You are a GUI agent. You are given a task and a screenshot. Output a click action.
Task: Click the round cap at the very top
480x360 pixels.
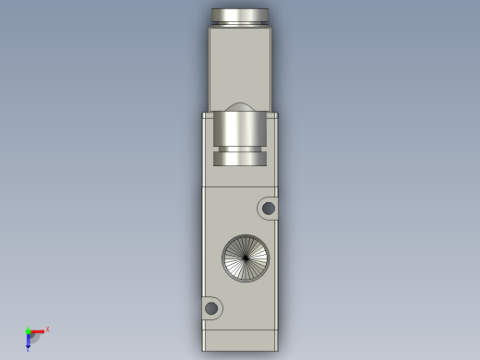click(240, 14)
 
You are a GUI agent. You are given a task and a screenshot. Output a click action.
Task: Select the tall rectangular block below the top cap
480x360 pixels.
click(240, 65)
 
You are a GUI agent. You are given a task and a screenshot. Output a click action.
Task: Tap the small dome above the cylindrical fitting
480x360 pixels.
click(240, 107)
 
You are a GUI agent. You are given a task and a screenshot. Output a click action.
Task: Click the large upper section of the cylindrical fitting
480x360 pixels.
click(240, 129)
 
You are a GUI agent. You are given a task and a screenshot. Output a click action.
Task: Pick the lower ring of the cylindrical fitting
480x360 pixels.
click(240, 159)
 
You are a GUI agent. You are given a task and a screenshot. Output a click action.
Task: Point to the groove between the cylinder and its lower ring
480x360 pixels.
click(240, 150)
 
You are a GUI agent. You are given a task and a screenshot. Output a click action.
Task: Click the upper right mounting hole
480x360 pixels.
click(269, 209)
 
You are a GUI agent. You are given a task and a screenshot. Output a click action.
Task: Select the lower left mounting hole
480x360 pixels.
click(211, 307)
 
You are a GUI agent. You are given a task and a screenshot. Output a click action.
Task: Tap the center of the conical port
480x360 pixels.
click(246, 258)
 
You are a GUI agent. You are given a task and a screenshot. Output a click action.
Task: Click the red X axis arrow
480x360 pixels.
click(38, 331)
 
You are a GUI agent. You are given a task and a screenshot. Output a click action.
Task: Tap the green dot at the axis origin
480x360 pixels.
click(29, 331)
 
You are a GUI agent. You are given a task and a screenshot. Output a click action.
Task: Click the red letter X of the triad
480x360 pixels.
click(47, 330)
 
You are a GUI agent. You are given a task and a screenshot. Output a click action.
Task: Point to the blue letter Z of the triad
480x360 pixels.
click(28, 349)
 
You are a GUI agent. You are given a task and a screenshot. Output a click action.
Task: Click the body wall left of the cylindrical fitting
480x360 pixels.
click(208, 148)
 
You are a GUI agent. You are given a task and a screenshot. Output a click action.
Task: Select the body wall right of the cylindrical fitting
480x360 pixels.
click(272, 148)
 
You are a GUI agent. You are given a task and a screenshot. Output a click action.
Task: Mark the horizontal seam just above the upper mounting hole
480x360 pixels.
click(240, 186)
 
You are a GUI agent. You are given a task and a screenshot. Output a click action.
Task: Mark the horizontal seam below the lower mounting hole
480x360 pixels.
click(240, 330)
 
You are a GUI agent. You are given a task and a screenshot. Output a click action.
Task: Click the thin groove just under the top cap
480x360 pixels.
click(240, 24)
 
